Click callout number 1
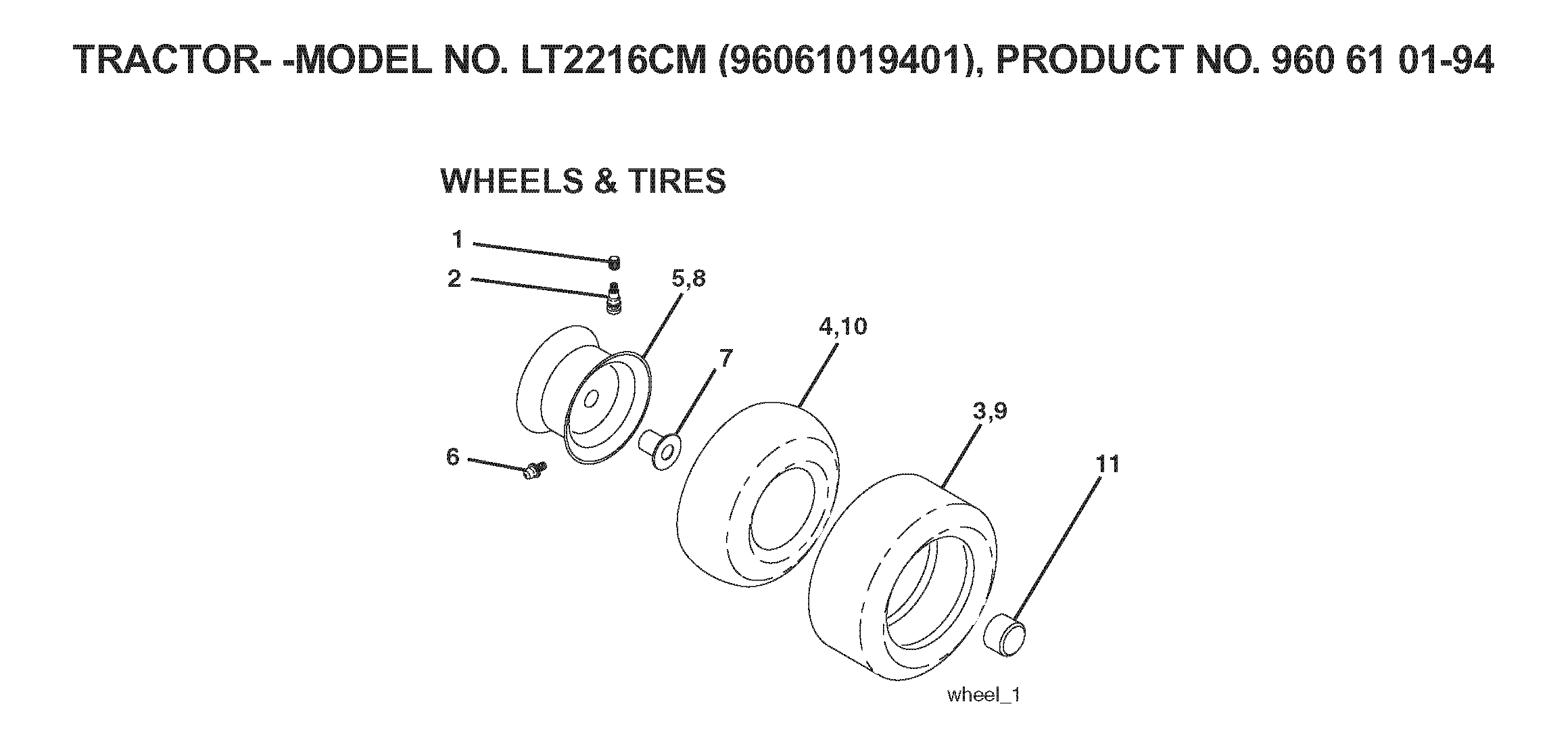pos(457,239)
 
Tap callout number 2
pos(454,278)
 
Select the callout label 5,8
pos(688,279)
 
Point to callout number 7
pos(725,358)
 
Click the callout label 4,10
pos(842,327)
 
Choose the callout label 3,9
pos(991,411)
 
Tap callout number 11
pos(1107,464)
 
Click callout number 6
pos(452,457)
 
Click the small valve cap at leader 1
pos(615,262)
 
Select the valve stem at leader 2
pos(614,298)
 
